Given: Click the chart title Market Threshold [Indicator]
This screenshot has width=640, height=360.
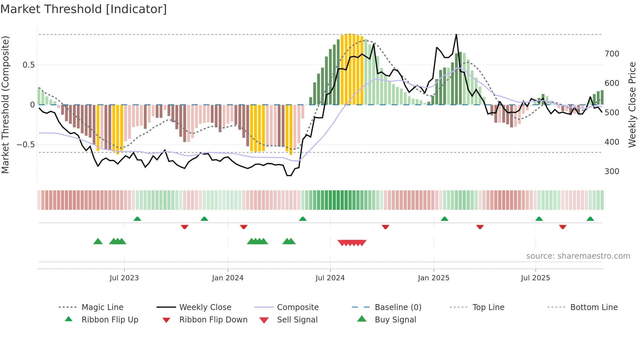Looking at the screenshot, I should pos(84,9).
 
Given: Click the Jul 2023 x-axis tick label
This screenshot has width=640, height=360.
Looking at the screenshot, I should pos(124,278).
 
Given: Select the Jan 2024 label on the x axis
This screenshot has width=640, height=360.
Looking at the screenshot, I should pos(228,278).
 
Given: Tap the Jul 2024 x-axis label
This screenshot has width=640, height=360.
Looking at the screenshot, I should pos(330,278).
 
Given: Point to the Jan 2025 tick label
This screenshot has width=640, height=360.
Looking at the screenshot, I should pos(434,278).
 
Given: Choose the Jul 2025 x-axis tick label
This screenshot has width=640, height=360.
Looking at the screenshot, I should pos(536,278).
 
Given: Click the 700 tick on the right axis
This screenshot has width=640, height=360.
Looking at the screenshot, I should pos(612,54).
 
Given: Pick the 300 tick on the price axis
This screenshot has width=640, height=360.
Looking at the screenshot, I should pos(612,171).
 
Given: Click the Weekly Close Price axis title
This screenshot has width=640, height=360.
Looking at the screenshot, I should pos(632,105).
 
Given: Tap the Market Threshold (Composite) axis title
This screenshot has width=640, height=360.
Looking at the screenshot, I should pos(5,105).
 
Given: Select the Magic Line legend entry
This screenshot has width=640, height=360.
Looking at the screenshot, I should pos(102,307).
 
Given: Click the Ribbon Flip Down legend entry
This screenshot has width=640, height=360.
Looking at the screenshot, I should pos(213,319).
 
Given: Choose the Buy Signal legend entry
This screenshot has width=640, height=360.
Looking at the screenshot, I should pos(395,319).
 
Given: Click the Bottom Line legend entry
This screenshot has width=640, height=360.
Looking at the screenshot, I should pos(594,307).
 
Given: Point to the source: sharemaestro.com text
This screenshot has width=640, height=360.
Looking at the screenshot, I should pos(578,256).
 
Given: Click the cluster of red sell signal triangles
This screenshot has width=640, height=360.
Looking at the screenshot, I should pos(352,243).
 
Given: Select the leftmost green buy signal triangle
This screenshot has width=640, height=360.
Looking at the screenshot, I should pos(98,241).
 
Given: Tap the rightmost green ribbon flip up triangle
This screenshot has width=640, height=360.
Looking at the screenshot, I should pos(590,219).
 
